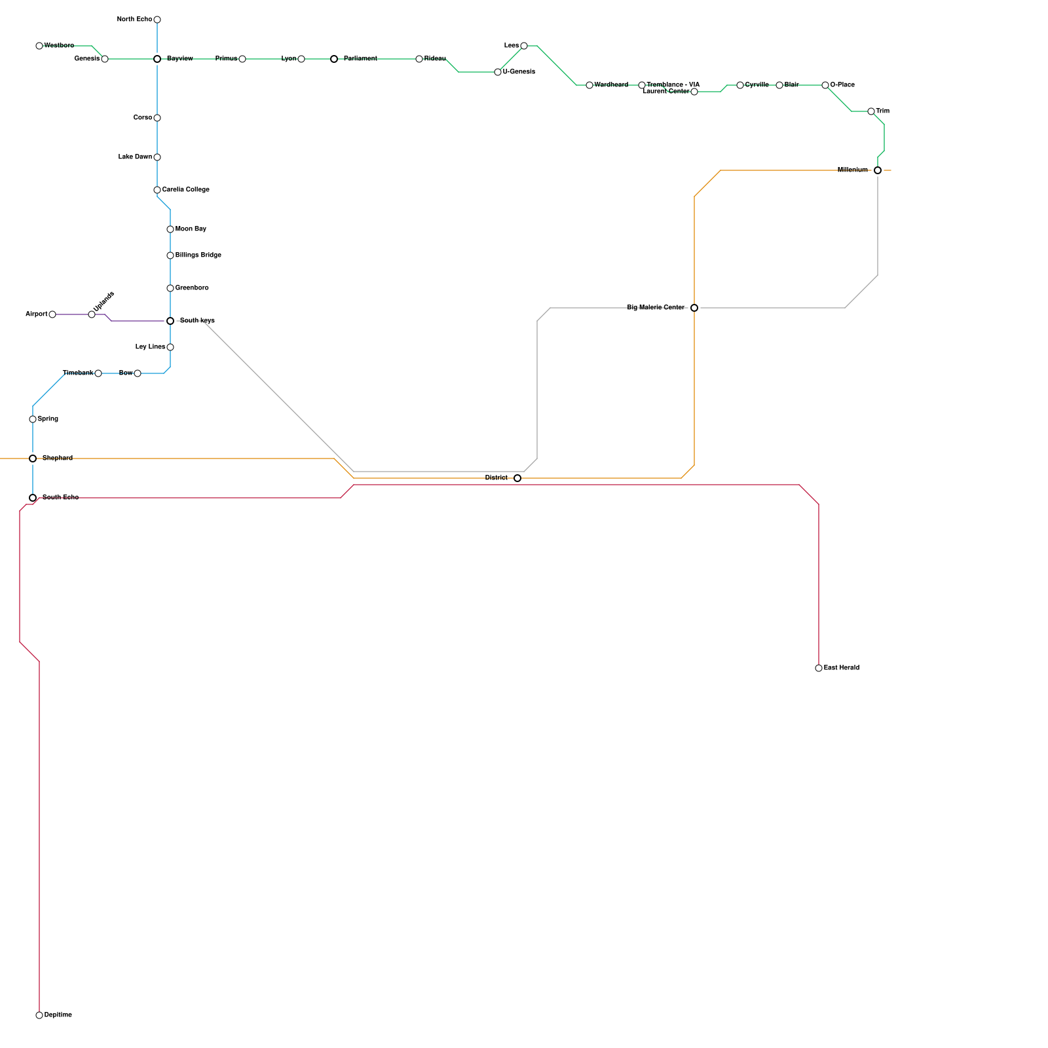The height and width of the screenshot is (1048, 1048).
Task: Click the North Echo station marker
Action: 157,20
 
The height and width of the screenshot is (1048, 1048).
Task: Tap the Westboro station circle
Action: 39,46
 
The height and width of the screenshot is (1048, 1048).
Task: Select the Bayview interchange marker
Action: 157,59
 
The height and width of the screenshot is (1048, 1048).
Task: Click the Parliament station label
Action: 360,59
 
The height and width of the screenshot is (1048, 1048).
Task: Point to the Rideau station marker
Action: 419,59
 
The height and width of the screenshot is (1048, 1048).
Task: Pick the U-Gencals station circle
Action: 498,72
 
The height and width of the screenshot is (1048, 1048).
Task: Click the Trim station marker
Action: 871,111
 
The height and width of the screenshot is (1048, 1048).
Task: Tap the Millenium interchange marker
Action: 878,170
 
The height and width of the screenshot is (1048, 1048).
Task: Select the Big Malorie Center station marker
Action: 694,308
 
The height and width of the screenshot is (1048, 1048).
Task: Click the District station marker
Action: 517,478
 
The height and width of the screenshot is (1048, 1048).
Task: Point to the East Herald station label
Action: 842,668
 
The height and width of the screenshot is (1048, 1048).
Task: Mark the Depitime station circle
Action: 39,1015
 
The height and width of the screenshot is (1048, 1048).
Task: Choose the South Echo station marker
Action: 33,498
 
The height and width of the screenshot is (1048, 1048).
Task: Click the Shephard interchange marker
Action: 33,458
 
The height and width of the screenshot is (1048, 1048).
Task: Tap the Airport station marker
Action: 52,314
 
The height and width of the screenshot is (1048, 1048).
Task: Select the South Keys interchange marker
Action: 170,321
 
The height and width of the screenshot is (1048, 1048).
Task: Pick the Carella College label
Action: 186,190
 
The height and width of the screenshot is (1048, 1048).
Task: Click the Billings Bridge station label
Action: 198,255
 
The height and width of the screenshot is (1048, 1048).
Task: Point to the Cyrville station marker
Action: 740,85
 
